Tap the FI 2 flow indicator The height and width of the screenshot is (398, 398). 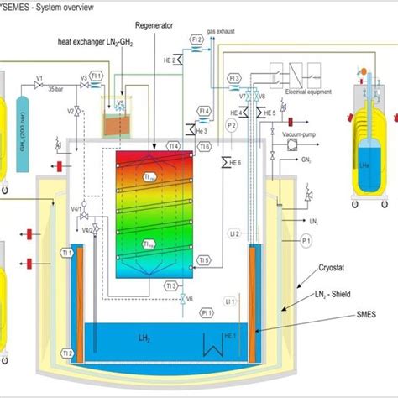(197, 39)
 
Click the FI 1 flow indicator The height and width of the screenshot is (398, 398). (97, 76)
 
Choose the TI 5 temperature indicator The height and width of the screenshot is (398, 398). (204, 260)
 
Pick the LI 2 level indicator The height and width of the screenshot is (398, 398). (234, 233)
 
